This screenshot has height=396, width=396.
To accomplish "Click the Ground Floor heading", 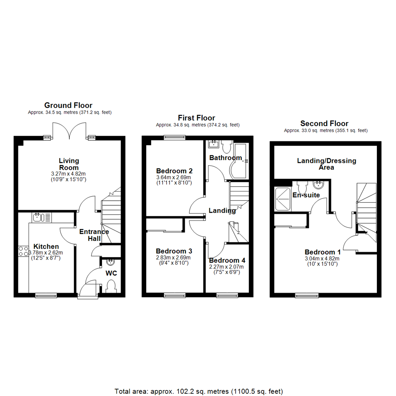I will (68, 106).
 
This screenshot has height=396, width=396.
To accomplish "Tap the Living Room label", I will (69, 164).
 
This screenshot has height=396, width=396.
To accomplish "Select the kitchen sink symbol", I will (38, 217).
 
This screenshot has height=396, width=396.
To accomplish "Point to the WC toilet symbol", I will (110, 286).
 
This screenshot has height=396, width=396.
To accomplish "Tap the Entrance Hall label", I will (94, 235).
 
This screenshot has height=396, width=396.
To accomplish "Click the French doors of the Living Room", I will (69, 130).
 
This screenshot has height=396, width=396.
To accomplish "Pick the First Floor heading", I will (197, 118).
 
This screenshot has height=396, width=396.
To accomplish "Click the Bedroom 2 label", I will (174, 171).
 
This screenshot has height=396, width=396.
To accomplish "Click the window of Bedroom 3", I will (175, 295).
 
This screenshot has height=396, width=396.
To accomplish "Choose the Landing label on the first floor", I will (222, 211).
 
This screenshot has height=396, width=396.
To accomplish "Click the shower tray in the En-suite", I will (282, 198).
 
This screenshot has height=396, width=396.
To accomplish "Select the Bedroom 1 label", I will (323, 252).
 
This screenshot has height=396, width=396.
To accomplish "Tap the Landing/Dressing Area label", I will (326, 164).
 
